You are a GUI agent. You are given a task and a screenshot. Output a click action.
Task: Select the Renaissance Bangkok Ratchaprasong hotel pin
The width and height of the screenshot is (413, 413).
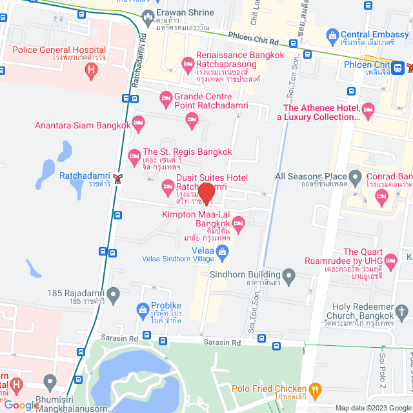coord(188,63)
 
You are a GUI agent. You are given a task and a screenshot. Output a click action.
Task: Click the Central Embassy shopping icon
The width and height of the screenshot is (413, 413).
coord(332,34)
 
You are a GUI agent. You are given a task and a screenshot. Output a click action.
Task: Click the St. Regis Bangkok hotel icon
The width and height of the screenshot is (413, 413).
coord(135,156)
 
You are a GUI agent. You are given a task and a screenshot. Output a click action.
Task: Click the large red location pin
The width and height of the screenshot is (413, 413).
coord(206,192)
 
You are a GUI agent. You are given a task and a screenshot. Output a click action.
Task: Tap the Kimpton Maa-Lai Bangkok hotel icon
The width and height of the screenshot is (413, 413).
coord(238,223)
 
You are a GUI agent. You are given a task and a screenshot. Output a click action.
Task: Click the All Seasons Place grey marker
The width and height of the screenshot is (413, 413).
coord(355,176)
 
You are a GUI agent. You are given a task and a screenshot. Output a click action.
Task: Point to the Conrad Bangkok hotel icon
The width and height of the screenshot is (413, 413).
coord(381,193)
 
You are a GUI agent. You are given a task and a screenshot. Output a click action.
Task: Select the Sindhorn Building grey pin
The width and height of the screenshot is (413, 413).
coord(289,278)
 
